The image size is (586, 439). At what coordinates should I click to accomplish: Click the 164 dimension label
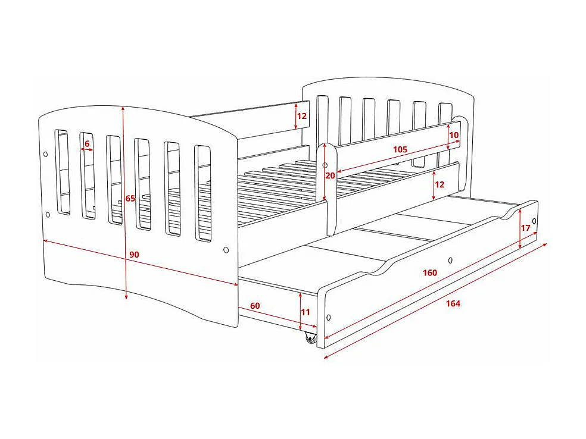(x=453, y=303)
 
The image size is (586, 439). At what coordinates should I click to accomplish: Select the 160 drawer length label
(x=430, y=273)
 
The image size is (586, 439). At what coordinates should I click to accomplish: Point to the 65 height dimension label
(x=130, y=199)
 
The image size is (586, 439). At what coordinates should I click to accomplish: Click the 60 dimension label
(x=255, y=306)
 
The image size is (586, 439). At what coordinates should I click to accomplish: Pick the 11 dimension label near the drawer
(x=306, y=312)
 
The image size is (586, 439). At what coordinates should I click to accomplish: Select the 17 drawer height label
(x=525, y=228)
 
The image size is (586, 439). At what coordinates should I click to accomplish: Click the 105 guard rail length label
(x=400, y=149)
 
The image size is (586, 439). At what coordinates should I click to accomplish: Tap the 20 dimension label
(x=331, y=175)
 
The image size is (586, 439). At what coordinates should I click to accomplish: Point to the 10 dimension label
(x=454, y=135)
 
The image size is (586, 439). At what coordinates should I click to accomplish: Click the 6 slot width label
(x=87, y=143)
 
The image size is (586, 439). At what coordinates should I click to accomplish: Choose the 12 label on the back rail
(x=302, y=115)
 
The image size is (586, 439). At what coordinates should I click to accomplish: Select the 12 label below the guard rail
(x=440, y=184)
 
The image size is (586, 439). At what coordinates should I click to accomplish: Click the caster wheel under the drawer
(x=310, y=339)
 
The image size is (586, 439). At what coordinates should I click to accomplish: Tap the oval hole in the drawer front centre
(x=450, y=260)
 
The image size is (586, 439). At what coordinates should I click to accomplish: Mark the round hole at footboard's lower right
(x=226, y=250)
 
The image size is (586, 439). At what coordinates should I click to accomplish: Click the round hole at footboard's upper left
(x=46, y=155)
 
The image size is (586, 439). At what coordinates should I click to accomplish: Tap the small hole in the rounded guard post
(x=325, y=165)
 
